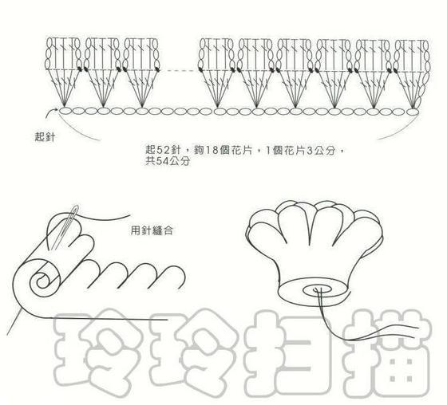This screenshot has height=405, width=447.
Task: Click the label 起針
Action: (45, 137)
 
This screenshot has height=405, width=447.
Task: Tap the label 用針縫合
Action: (152, 230)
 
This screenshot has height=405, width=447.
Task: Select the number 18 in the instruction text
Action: (212, 150)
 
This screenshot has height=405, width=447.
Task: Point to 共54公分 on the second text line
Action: (168, 161)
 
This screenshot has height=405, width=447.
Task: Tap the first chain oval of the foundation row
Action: (65, 111)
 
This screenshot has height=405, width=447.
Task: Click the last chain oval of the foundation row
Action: (413, 112)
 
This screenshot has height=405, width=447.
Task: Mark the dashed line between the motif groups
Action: (180, 70)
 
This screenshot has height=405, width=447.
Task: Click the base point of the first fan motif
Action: (65, 107)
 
